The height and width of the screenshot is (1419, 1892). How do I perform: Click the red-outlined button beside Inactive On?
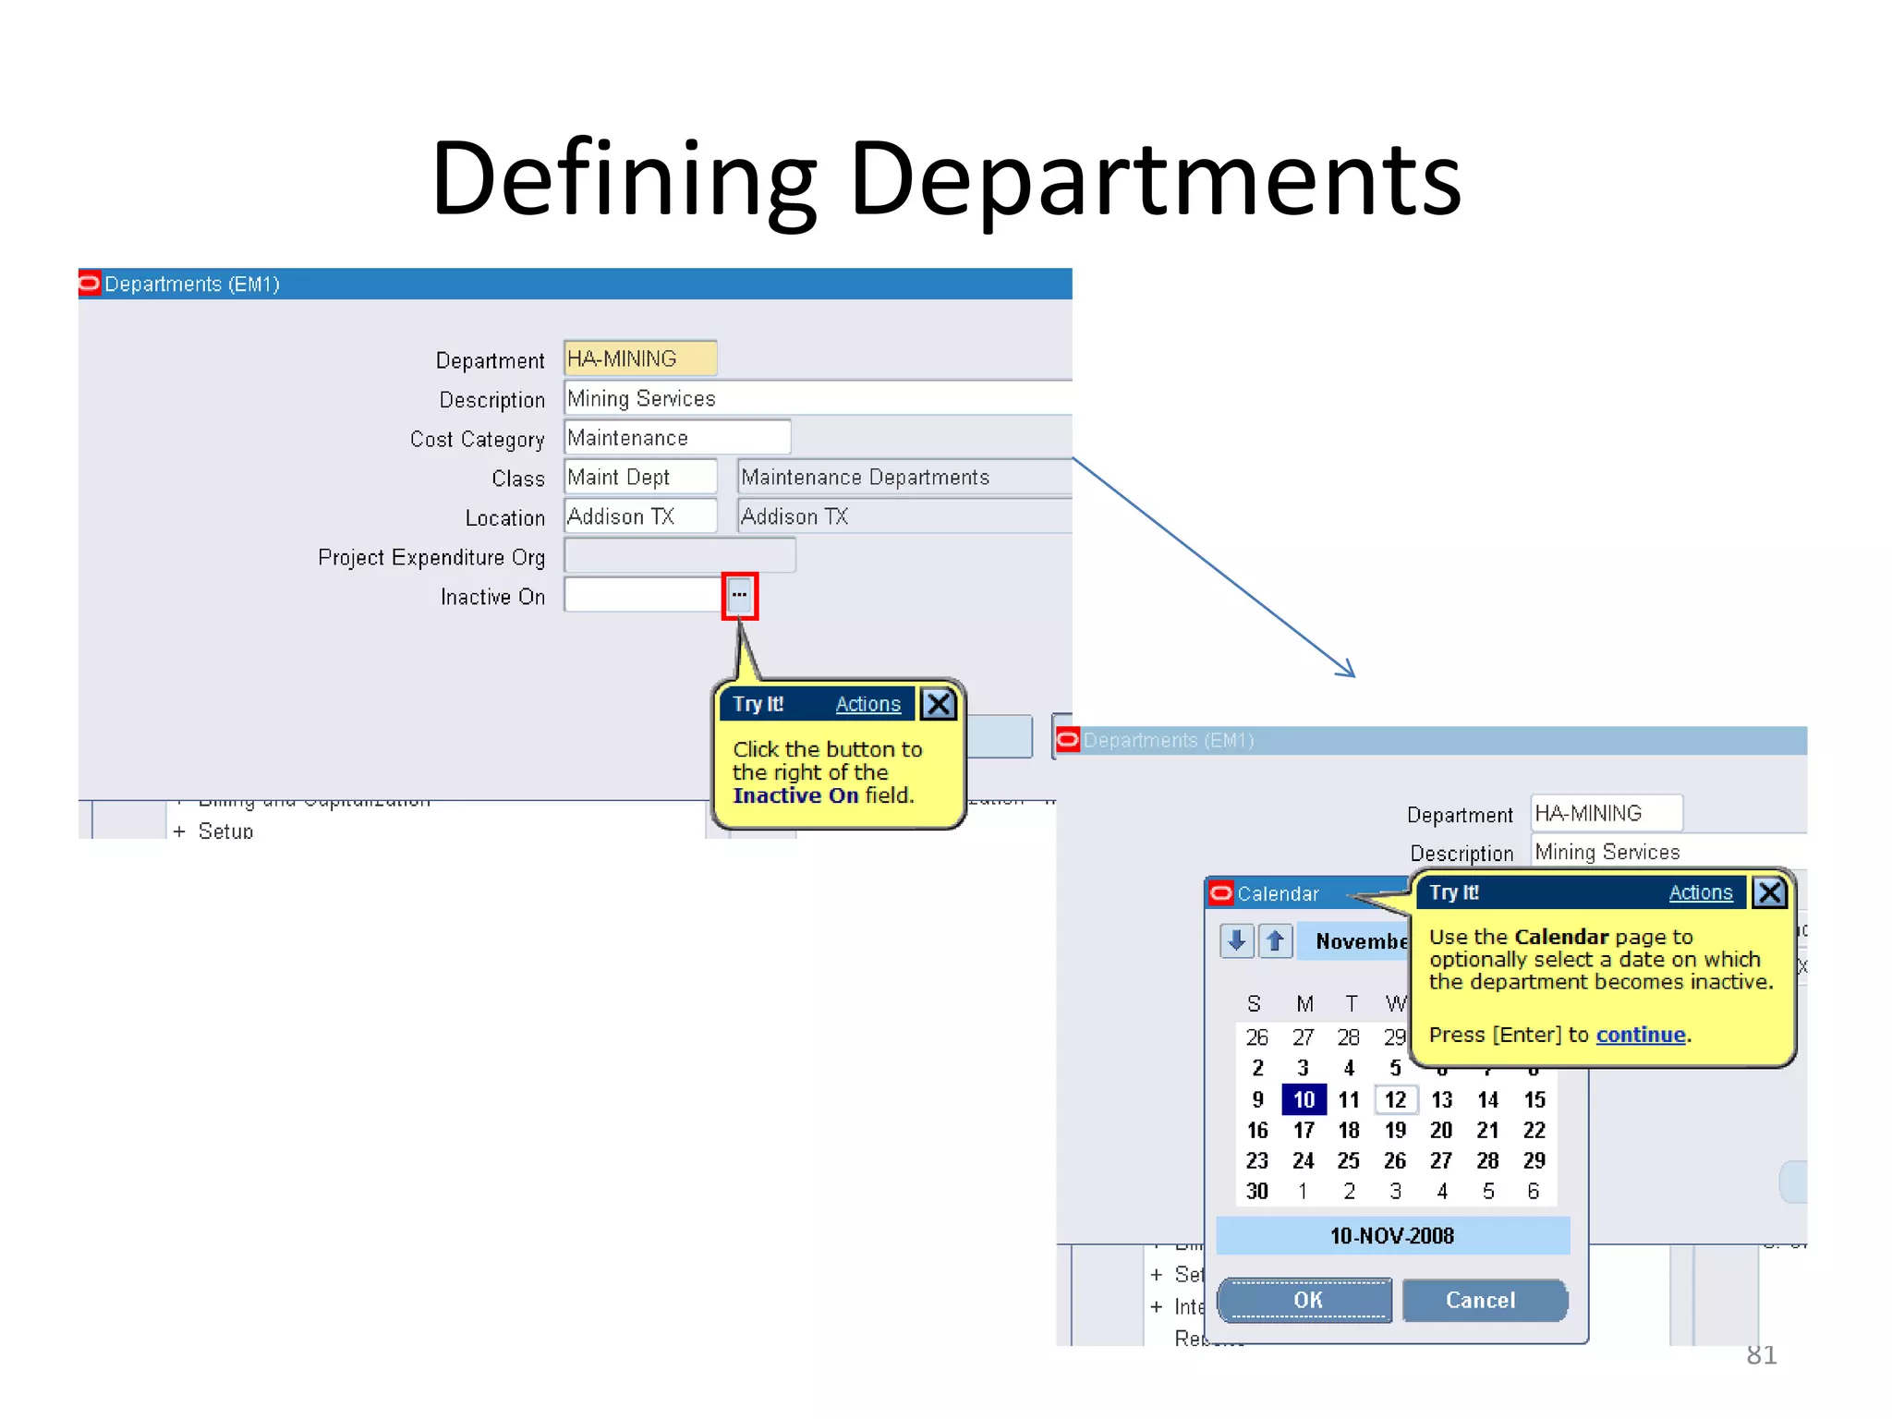click(x=739, y=596)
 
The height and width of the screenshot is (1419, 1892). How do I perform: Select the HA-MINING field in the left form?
click(x=639, y=358)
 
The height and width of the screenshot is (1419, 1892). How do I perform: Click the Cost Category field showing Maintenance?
click(x=676, y=438)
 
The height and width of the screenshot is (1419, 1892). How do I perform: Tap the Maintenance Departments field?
click(x=904, y=478)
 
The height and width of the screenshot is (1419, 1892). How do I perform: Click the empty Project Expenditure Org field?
click(x=679, y=556)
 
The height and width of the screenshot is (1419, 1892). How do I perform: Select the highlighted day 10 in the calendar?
click(x=1304, y=1099)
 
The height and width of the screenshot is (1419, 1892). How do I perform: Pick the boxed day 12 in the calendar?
click(x=1395, y=1099)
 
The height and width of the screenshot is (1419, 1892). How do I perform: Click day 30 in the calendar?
click(x=1256, y=1191)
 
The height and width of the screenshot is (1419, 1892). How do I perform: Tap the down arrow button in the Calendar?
click(x=1236, y=941)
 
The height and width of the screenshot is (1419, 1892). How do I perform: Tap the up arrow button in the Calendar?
click(x=1276, y=941)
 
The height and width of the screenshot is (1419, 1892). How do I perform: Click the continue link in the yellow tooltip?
click(x=1640, y=1035)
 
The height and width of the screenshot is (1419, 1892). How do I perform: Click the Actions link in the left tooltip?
click(x=867, y=704)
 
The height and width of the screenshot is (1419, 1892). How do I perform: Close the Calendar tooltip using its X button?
click(x=1769, y=892)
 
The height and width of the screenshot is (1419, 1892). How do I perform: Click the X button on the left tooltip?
click(x=938, y=704)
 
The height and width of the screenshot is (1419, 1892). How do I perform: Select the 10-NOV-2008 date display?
click(x=1392, y=1236)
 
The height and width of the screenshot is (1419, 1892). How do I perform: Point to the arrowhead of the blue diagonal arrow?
click(x=1352, y=675)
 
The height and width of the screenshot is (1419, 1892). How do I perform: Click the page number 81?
click(x=1761, y=1355)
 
